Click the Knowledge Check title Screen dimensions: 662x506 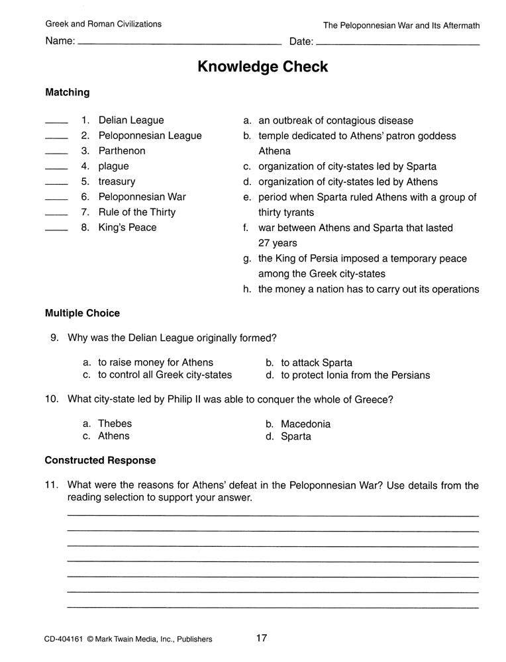(262, 67)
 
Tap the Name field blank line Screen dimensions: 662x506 (179, 44)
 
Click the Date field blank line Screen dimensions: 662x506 (397, 44)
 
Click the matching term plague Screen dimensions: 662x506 (113, 166)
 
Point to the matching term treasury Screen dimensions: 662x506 (117, 181)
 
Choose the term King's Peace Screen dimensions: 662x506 (127, 227)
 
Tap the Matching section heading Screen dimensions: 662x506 (67, 93)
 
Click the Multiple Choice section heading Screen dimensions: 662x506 (82, 312)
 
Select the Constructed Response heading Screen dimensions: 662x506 (100, 460)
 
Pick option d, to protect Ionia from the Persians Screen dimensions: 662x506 (355, 375)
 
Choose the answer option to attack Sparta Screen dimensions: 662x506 (316, 363)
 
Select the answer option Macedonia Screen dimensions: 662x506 (305, 424)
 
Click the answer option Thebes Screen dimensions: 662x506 (115, 424)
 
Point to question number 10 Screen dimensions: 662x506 (52, 399)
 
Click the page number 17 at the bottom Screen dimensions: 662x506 (261, 638)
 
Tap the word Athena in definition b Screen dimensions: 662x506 (274, 151)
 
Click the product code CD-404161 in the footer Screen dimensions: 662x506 (64, 639)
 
